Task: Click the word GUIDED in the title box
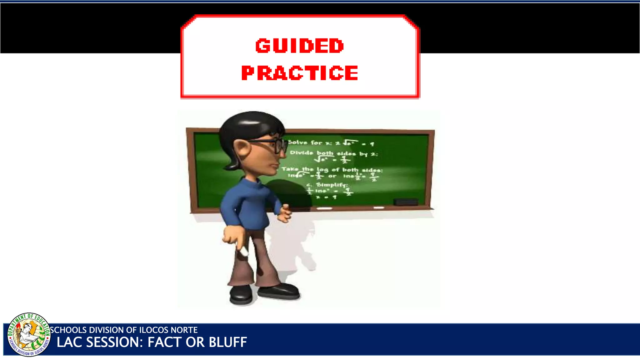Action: (x=299, y=46)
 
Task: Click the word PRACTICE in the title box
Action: (x=299, y=73)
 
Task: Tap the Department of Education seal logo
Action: (x=29, y=335)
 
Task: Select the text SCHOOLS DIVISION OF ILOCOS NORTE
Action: (x=124, y=330)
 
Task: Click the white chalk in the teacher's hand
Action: (x=243, y=251)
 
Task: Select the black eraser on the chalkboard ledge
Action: (x=406, y=202)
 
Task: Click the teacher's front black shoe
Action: (x=279, y=291)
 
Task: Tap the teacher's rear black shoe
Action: (x=241, y=295)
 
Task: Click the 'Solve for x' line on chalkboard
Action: (x=330, y=143)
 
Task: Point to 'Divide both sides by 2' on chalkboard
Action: (x=333, y=153)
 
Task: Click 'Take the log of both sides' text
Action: (x=332, y=170)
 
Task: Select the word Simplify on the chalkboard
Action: (x=331, y=185)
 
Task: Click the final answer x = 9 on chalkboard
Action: (x=326, y=197)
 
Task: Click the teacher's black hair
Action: (x=247, y=125)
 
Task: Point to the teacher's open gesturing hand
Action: (x=284, y=213)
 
